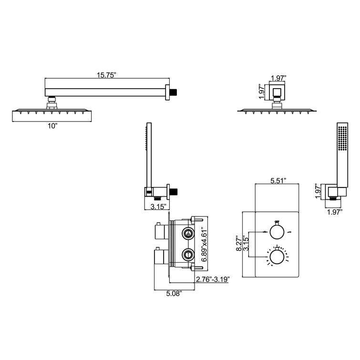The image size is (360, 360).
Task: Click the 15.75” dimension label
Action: tap(106, 75)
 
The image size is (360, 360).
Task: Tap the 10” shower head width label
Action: tap(52, 126)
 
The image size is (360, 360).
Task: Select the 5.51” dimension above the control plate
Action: tap(278, 181)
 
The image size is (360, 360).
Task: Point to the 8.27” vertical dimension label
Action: tap(239, 242)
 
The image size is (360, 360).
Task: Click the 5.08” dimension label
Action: tap(174, 293)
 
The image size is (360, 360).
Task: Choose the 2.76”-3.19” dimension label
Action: tap(213, 279)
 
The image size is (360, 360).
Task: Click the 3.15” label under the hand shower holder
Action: tap(158, 206)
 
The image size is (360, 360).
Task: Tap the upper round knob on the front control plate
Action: tap(277, 231)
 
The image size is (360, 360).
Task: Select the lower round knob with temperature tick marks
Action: tap(277, 257)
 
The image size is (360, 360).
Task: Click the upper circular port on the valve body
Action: tap(188, 234)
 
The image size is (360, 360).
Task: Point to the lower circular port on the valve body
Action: tap(188, 254)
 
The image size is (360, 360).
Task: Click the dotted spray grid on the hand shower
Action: tap(342, 138)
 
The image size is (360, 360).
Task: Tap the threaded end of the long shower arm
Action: tap(174, 93)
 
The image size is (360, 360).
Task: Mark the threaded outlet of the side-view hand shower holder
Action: tap(174, 191)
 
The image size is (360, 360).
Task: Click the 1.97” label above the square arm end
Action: tap(278, 78)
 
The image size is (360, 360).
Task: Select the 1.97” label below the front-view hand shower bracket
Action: tap(335, 212)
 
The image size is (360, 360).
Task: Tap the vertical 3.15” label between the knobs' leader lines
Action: tap(246, 244)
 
